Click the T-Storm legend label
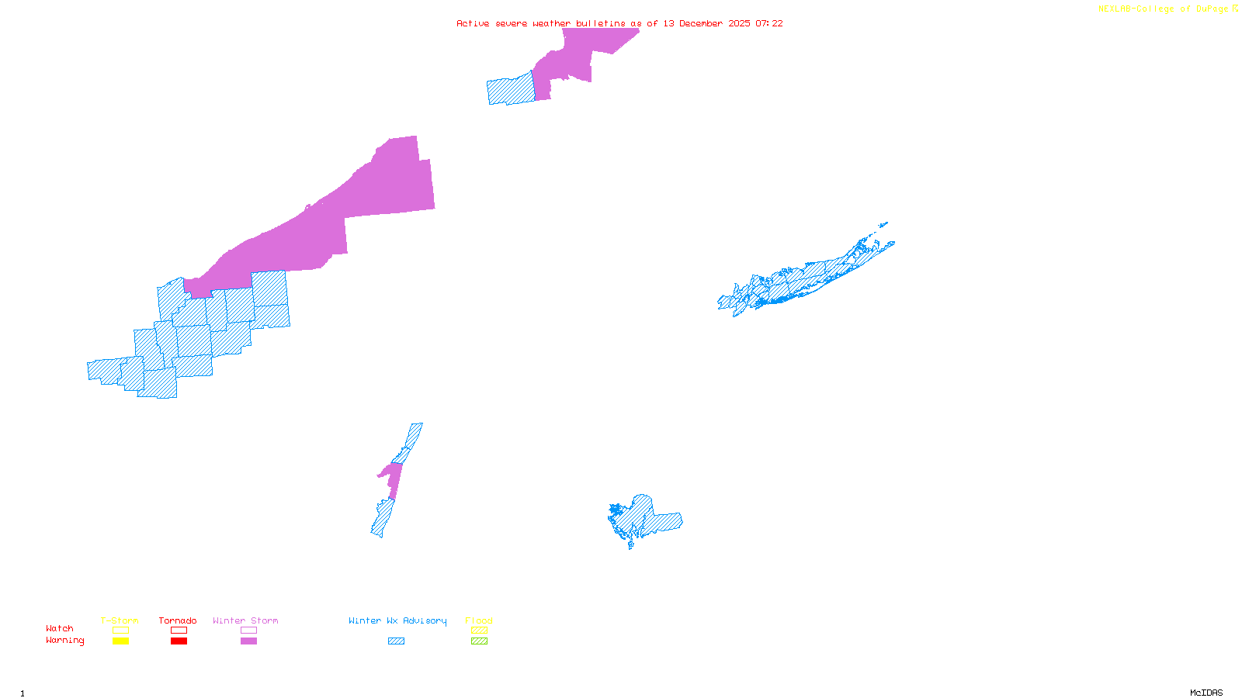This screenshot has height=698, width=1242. [x=120, y=620]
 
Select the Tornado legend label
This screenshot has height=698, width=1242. [x=178, y=620]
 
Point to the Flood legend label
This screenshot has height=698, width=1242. [x=479, y=620]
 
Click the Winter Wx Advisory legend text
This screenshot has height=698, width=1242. [x=397, y=620]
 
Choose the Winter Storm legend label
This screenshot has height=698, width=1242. [x=245, y=620]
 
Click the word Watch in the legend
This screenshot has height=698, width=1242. [x=60, y=628]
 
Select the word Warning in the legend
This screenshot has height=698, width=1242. [x=64, y=641]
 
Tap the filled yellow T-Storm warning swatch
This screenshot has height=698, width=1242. [x=120, y=641]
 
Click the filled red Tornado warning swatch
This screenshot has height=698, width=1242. [x=179, y=641]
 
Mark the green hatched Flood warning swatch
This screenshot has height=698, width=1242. [x=479, y=641]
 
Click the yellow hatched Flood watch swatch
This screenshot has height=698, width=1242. [x=479, y=631]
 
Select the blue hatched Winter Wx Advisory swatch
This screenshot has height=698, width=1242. [x=396, y=641]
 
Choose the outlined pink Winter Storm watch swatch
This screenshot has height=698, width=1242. [x=248, y=631]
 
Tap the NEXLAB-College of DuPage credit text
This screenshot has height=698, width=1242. [x=1163, y=9]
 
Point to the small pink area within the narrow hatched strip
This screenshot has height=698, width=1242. [x=393, y=478]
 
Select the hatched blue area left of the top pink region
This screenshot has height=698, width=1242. [x=511, y=90]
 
